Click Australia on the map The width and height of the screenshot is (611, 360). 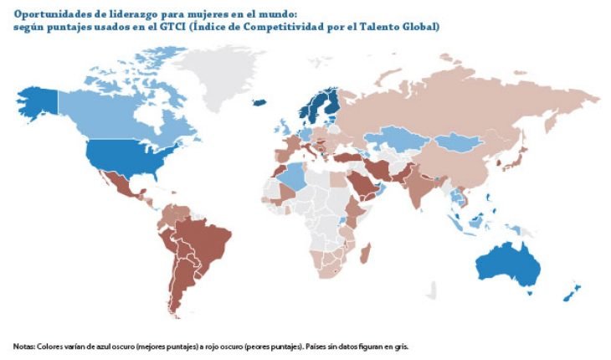coord(507,265)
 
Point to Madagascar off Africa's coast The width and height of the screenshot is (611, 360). coord(367,252)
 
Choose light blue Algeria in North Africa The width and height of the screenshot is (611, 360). coord(293,177)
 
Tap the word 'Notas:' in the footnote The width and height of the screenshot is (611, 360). coord(24,346)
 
